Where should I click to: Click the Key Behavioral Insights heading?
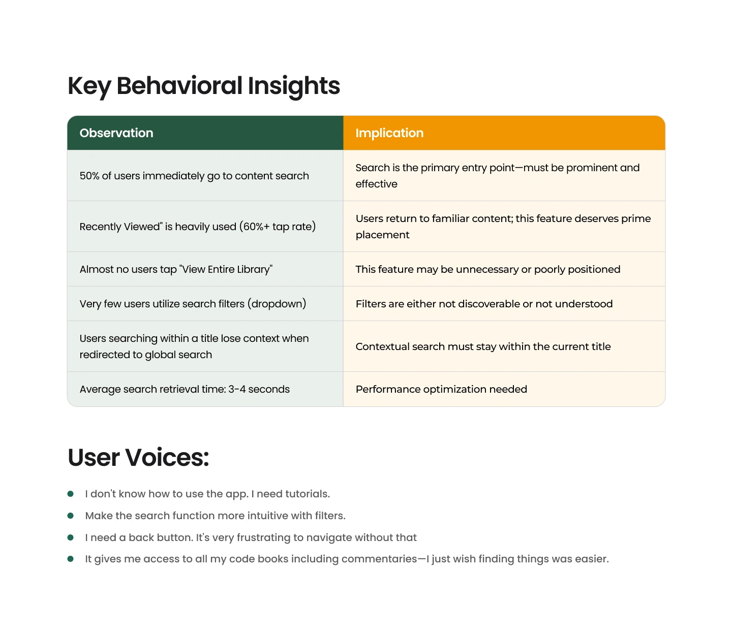204,86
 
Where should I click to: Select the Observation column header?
116,133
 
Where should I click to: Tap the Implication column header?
389,133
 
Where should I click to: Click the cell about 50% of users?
194,176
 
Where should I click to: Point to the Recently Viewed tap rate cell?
198,227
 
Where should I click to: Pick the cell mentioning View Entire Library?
176,269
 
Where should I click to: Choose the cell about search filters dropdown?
193,304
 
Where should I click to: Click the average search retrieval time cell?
185,389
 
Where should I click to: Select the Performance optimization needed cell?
441,389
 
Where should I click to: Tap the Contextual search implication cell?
483,346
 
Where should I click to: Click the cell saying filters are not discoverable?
484,304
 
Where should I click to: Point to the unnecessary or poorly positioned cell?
488,269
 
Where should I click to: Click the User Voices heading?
138,457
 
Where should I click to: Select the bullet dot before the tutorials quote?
71,494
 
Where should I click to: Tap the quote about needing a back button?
251,537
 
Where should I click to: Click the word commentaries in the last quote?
379,559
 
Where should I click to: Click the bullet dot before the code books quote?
71,559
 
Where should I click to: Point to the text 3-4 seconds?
259,389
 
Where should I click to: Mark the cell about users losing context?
194,346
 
